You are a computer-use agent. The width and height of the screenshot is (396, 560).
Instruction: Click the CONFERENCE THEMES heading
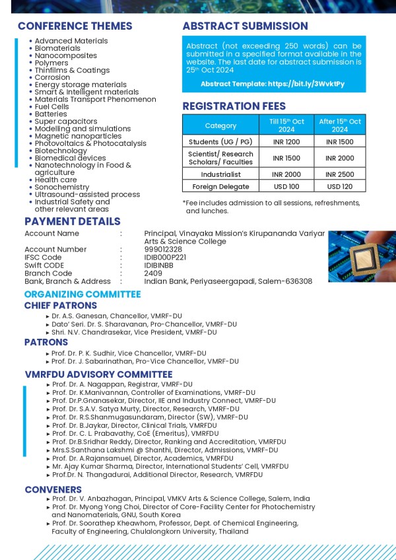tap(75, 26)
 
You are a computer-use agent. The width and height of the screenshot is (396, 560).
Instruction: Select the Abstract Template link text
tap(272, 85)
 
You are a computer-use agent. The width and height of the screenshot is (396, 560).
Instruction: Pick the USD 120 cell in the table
tap(340, 187)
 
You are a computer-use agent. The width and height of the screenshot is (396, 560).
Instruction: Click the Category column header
tap(220, 125)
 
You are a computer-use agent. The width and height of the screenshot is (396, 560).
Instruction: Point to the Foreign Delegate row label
tap(220, 187)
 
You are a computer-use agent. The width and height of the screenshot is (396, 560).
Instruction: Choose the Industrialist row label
tap(220, 174)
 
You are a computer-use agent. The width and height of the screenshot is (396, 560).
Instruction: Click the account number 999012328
tap(163, 249)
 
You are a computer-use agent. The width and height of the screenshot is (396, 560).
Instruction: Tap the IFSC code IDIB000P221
tap(165, 257)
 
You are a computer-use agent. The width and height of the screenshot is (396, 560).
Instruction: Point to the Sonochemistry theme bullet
tap(61, 187)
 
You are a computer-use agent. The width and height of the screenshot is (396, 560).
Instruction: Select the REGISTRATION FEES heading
tap(234, 106)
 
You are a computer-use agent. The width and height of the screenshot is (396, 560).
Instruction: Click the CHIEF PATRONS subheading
tap(61, 306)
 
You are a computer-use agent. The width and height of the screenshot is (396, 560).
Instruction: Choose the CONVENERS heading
tap(53, 489)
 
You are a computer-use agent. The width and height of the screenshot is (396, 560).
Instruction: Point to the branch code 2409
tap(152, 273)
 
